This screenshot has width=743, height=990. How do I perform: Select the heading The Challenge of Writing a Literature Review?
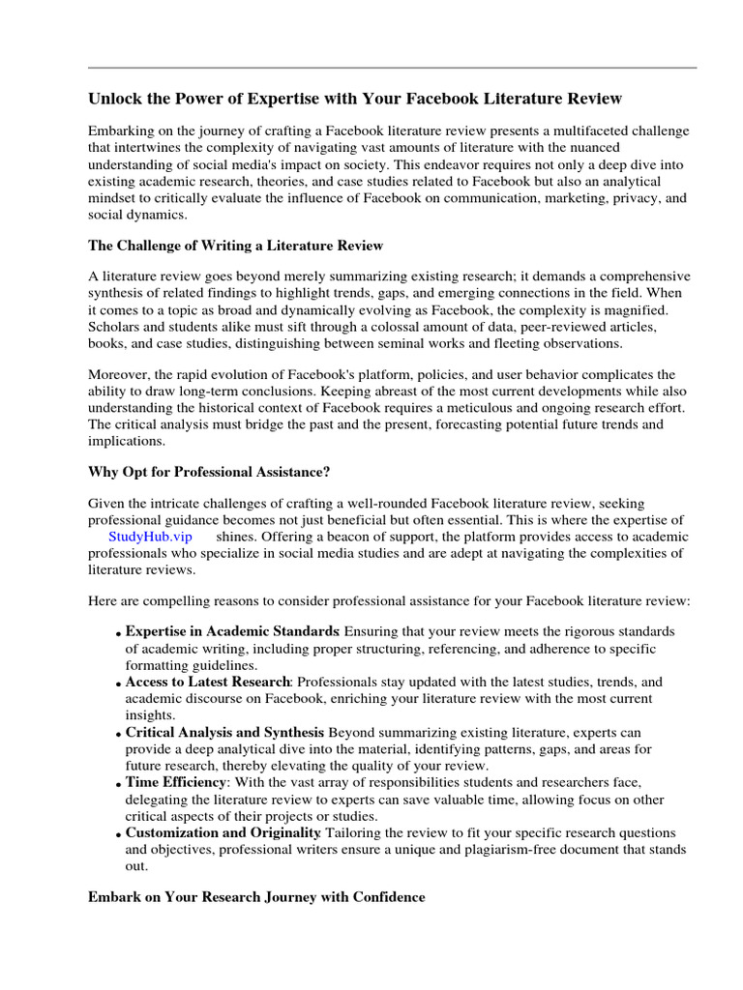[x=237, y=246]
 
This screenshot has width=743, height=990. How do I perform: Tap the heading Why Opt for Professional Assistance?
[x=209, y=471]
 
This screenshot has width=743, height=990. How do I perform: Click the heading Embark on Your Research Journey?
[x=256, y=896]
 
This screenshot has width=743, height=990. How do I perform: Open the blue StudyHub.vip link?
[x=150, y=537]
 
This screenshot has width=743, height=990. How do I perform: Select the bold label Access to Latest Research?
[x=207, y=681]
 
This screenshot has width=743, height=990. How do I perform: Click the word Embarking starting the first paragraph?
[x=122, y=131]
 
